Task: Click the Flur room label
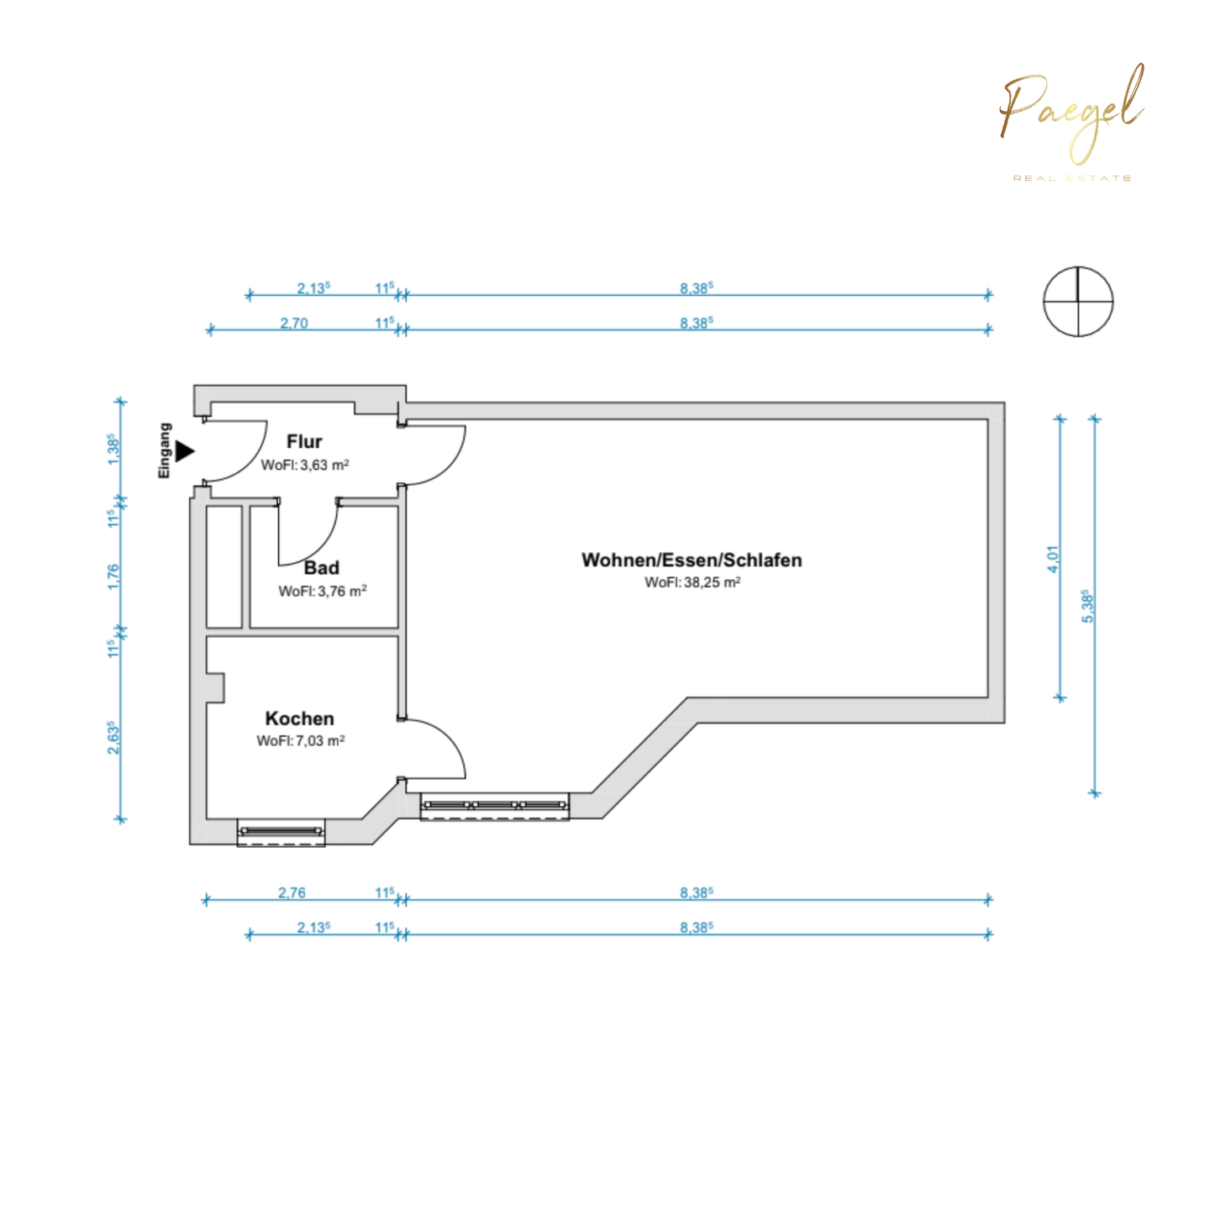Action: [304, 442]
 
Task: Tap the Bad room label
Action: [322, 568]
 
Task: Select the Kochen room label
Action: [300, 718]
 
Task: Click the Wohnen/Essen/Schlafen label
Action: [692, 560]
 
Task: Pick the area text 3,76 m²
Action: [323, 592]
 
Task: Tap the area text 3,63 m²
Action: [305, 466]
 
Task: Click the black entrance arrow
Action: [185, 451]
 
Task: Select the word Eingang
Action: [165, 450]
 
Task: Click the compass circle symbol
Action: [1078, 302]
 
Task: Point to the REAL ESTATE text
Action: [1072, 178]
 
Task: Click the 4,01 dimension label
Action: [1053, 559]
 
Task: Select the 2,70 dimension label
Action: [294, 323]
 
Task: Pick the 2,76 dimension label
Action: [292, 892]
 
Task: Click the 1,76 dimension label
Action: [114, 576]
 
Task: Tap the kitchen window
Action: [281, 832]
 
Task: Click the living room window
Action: [495, 807]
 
